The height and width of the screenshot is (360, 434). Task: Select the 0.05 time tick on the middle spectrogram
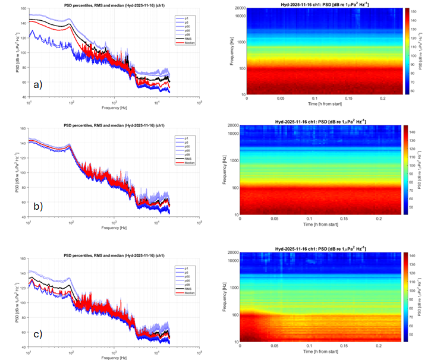pyautogui.click(x=274, y=218)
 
